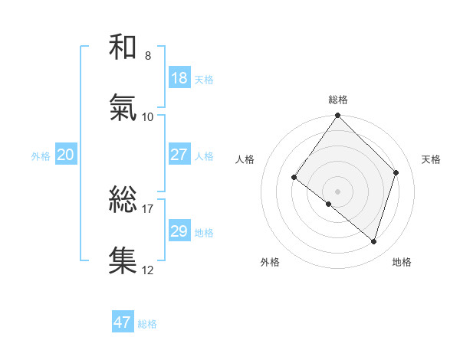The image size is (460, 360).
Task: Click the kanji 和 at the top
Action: click(123, 48)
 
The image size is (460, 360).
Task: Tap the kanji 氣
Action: click(123, 109)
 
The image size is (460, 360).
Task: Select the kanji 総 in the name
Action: click(123, 200)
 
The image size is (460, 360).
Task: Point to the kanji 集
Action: click(123, 260)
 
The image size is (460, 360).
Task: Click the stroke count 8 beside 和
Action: click(148, 56)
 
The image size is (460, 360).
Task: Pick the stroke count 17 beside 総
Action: click(148, 208)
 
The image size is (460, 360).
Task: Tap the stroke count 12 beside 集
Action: click(148, 270)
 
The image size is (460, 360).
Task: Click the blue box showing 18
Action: click(179, 78)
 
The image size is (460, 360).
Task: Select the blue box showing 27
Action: click(179, 155)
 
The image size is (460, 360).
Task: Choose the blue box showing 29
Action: click(179, 231)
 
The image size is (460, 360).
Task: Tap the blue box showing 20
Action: click(66, 155)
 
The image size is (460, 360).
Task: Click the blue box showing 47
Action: click(123, 322)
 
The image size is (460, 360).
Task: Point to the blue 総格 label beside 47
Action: click(148, 324)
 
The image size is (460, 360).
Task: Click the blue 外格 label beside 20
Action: click(41, 156)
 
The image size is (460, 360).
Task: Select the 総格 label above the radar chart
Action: click(338, 100)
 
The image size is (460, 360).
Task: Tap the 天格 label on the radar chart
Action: click(432, 159)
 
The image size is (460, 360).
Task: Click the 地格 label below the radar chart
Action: click(402, 262)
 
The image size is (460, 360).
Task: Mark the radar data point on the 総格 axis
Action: click(338, 116)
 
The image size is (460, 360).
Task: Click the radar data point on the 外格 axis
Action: click(328, 205)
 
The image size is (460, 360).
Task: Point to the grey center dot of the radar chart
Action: click(338, 191)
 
